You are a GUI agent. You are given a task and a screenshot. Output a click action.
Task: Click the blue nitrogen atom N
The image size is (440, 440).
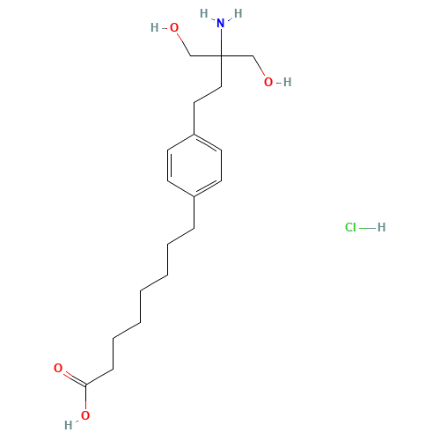(221, 23)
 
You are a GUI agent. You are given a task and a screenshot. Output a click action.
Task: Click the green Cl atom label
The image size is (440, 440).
(350, 227)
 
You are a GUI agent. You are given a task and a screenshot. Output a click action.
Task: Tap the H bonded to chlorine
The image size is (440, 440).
(381, 227)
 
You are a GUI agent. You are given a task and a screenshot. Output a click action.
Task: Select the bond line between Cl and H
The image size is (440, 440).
(367, 228)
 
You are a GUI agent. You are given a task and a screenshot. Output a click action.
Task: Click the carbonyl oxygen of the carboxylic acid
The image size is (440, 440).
(58, 368)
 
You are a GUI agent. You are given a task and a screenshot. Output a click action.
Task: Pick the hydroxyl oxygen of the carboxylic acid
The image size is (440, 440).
(85, 415)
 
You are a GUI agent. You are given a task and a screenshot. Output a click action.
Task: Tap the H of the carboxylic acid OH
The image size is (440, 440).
(69, 425)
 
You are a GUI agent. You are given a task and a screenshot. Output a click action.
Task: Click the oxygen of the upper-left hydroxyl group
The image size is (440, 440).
(174, 27)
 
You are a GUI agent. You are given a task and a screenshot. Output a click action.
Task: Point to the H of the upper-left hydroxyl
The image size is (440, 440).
(155, 27)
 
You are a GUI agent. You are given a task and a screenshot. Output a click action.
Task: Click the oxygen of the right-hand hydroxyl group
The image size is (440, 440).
(268, 82)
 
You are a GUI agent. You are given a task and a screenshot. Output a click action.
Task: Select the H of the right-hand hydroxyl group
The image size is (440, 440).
(288, 82)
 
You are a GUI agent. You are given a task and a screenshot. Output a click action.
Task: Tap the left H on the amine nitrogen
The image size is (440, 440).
(204, 13)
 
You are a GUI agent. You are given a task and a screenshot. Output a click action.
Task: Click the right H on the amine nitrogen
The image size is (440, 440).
(238, 13)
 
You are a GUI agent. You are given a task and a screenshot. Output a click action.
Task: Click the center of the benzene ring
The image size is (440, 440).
(194, 165)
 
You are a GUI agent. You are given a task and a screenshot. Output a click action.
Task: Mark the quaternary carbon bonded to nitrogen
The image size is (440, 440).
(221, 55)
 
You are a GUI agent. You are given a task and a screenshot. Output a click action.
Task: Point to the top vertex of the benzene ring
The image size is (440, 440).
(194, 135)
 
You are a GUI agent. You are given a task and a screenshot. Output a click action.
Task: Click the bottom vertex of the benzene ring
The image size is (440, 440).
(194, 196)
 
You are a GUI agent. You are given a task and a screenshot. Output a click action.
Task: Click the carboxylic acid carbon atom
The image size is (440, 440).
(85, 385)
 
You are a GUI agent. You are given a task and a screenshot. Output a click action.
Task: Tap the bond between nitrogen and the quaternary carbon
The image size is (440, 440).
(221, 42)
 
